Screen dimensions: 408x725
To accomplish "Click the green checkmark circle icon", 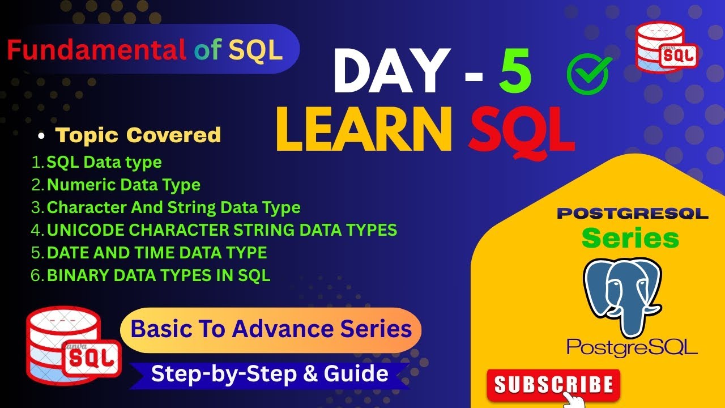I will (x=588, y=74).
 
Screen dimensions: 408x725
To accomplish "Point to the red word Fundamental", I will (x=96, y=50).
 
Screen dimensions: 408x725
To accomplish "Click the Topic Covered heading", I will (x=138, y=135).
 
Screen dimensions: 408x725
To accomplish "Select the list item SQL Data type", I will (x=104, y=162).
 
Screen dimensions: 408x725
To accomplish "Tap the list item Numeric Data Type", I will (x=123, y=185).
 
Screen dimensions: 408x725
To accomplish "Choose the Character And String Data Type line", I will (x=173, y=207).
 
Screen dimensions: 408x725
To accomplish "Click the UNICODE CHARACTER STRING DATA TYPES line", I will (x=221, y=230).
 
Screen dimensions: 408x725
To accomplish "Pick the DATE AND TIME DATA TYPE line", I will (x=157, y=253).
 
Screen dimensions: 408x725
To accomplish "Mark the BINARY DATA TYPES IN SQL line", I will (x=159, y=275).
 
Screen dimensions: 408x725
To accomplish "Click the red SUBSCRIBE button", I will (x=553, y=385).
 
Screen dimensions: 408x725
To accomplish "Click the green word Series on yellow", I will (x=630, y=239).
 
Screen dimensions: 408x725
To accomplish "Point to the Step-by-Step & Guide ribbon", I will (x=270, y=374).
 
